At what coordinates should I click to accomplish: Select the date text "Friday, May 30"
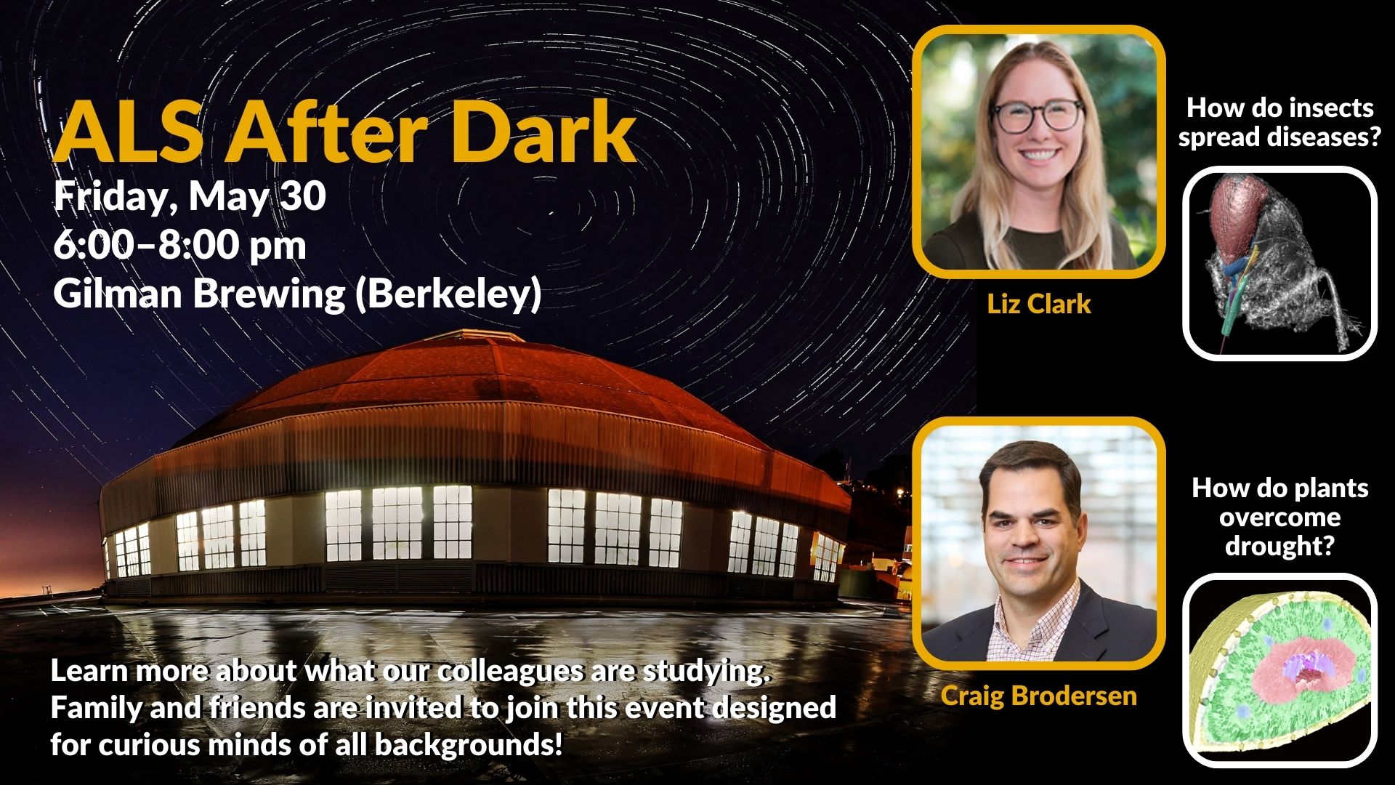(190, 198)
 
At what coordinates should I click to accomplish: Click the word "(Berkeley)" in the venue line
(448, 294)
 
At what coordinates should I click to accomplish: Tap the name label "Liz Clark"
(1039, 304)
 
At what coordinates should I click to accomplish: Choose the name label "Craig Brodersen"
(1039, 696)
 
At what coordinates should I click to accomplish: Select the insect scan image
(1280, 263)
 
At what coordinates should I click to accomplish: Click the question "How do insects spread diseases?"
(1280, 122)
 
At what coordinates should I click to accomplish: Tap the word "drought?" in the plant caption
(1280, 545)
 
